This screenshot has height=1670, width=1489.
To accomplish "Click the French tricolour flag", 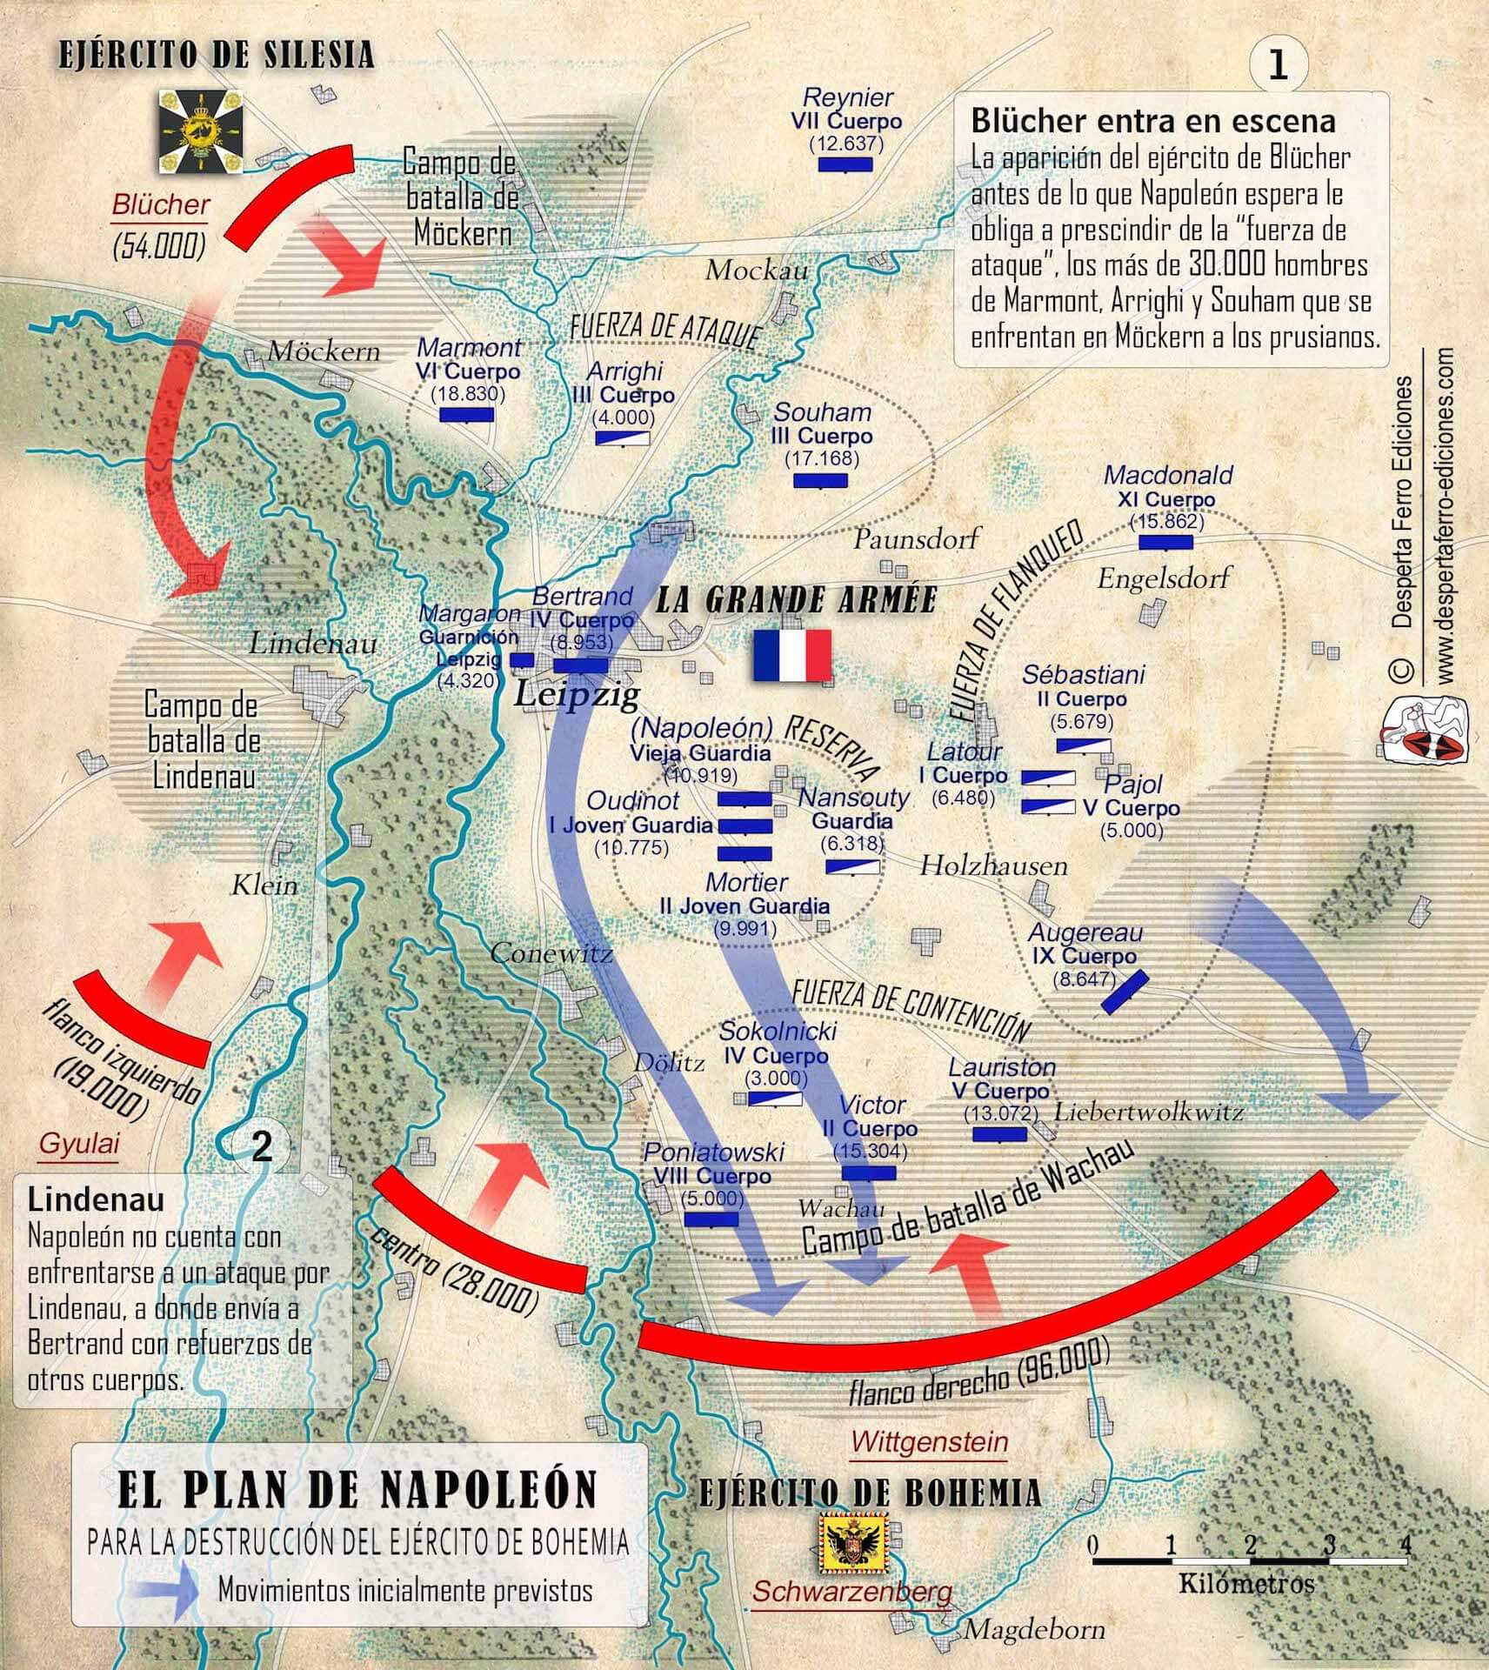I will tap(792, 656).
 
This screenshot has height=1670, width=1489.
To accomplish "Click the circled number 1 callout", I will tap(1278, 67).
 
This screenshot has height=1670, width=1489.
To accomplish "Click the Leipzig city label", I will tap(578, 694).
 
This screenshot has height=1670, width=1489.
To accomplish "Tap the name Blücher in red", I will tap(161, 205).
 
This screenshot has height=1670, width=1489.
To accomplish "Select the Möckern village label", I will tap(324, 351).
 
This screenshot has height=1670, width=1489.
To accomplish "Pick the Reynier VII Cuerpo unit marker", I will tap(845, 164).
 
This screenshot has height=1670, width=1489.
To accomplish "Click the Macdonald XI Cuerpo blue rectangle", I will tap(1165, 543).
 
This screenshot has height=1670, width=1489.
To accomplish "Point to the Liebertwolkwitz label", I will tap(1148, 1112).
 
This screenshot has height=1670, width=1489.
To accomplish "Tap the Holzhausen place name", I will tap(993, 865).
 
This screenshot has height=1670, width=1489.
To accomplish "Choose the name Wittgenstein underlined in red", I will tap(929, 1442).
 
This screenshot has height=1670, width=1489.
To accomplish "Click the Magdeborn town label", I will tap(1035, 1629).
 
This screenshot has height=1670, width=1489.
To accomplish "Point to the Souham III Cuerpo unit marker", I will tap(819, 481).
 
